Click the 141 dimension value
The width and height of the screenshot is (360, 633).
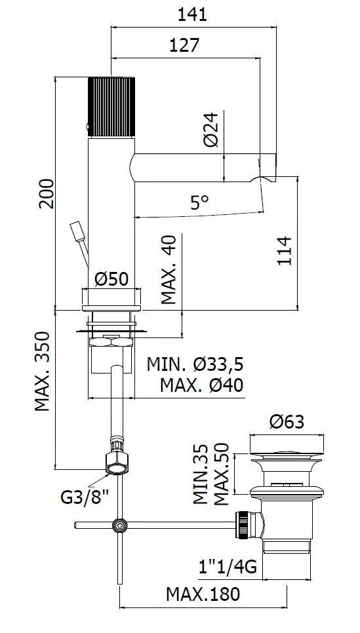point(192,14)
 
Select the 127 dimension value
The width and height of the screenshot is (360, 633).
point(184,45)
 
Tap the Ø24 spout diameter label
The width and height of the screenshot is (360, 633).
point(211,129)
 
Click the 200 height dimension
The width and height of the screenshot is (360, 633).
point(47,193)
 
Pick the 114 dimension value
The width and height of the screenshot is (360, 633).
point(285,251)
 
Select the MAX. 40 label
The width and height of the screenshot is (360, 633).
point(169,270)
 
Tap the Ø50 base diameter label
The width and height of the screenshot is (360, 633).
point(111,278)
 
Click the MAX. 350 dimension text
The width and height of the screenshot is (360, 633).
point(42,372)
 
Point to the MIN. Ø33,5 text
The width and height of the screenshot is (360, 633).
point(195,364)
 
